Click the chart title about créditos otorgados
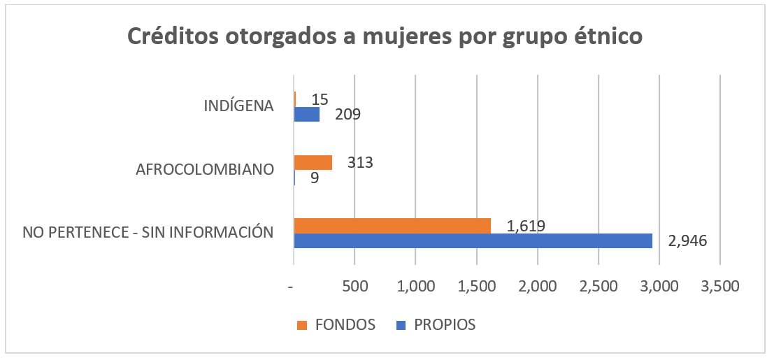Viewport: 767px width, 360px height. [384, 36]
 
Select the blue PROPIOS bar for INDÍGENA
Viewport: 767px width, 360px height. [307, 114]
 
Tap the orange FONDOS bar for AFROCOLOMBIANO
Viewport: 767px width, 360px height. [313, 163]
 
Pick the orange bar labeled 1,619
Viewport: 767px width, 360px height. [392, 225]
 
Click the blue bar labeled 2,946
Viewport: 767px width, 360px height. [473, 240]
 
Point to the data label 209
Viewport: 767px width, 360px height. [347, 114]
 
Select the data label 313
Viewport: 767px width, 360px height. [360, 163]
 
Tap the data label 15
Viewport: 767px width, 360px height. [320, 99]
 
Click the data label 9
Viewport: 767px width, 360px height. [315, 178]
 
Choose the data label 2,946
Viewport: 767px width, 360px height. [688, 241]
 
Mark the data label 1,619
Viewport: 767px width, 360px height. [526, 225]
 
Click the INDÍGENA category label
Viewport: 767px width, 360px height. [238, 106]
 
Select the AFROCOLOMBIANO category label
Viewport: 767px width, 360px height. [204, 170]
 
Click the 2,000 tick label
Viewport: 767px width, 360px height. [538, 287]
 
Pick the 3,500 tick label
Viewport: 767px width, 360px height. [720, 287]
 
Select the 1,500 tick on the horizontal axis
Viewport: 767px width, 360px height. [477, 287]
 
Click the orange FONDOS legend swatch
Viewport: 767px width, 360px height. [302, 325]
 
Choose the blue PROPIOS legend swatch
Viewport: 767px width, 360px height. [401, 325]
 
